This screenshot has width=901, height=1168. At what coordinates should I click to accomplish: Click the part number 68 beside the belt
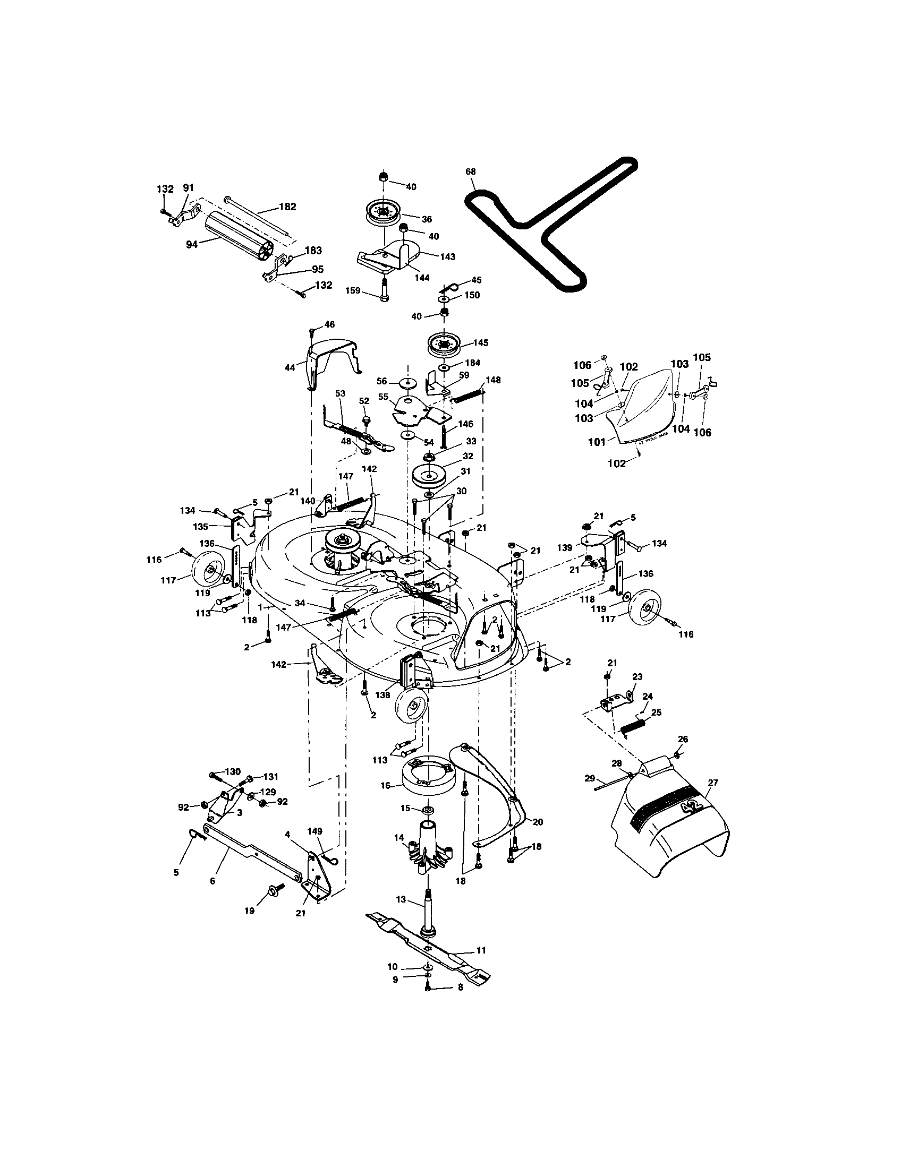point(470,171)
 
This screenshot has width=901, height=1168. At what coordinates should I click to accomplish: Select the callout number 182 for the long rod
point(287,207)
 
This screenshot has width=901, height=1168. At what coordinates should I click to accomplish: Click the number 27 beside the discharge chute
point(712,783)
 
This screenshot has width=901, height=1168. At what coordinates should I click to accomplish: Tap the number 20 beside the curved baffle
point(538,822)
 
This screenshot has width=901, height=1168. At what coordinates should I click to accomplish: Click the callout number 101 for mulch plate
point(597,442)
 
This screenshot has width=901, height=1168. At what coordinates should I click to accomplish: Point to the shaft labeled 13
point(429,909)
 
